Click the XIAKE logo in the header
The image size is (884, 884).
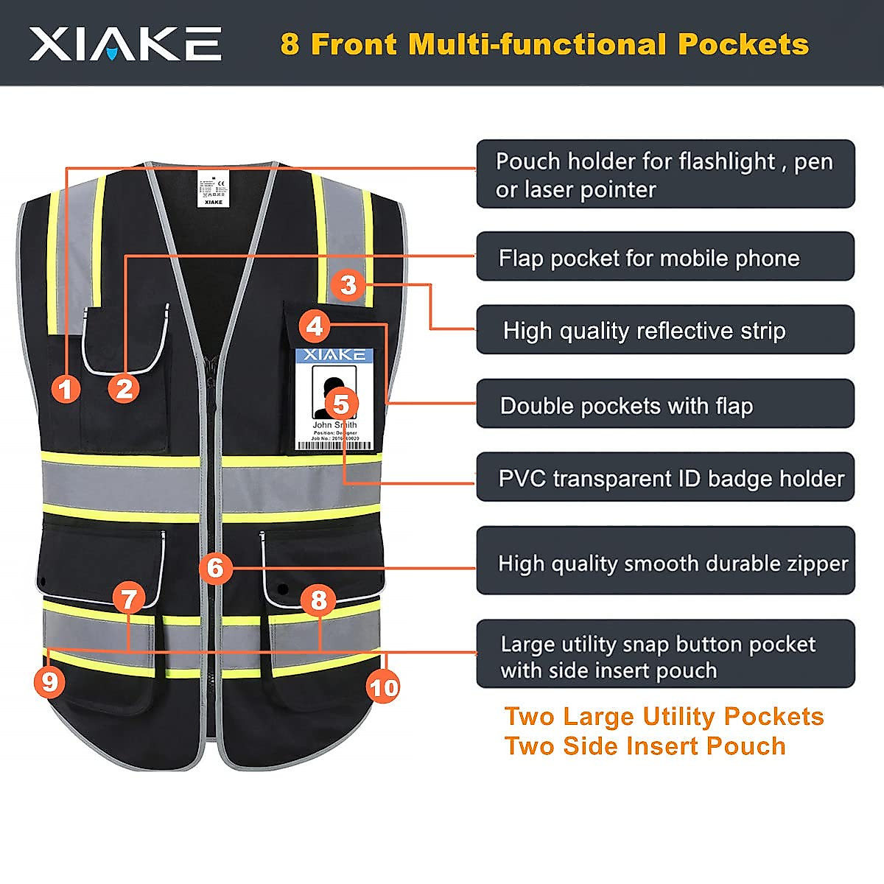point(125,43)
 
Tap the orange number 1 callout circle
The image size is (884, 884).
point(66,388)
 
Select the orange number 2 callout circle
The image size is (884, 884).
point(124,388)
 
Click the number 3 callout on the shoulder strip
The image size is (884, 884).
point(348,284)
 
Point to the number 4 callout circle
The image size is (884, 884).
point(315,326)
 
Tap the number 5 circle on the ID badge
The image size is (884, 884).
point(341,404)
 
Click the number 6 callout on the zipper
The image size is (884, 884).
point(215,568)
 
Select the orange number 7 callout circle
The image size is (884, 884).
point(129,599)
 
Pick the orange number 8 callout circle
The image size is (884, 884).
point(318,600)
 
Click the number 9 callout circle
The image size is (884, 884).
point(49,681)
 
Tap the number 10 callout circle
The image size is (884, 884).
point(383,687)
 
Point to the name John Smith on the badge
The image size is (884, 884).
point(334,424)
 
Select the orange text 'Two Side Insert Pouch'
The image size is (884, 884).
point(645,746)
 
